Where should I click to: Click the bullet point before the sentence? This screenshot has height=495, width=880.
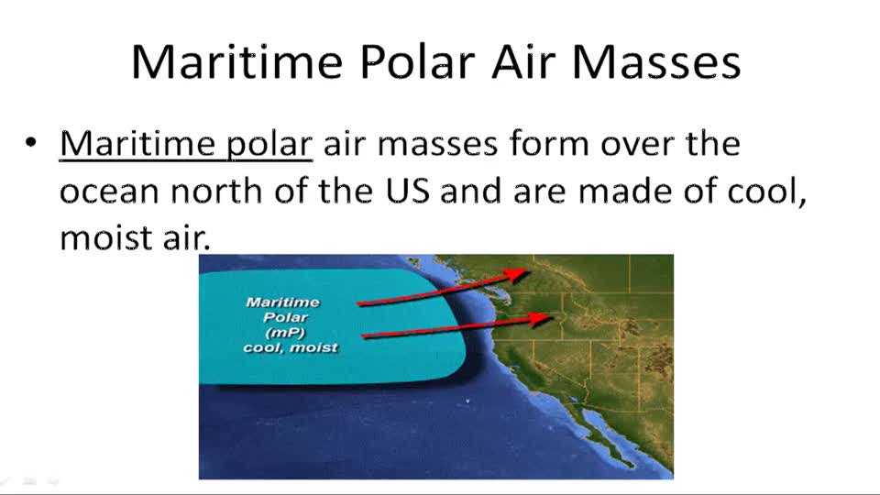(x=32, y=144)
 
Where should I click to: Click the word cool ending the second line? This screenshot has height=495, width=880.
(x=766, y=192)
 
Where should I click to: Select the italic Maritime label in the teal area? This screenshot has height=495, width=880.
(x=282, y=302)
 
